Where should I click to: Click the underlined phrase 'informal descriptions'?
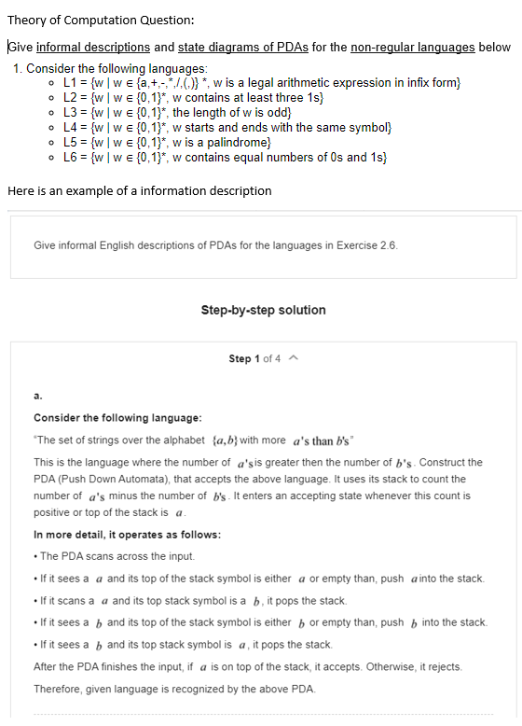[x=93, y=47]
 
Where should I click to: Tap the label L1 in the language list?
[x=70, y=83]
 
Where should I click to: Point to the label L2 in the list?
[x=70, y=97]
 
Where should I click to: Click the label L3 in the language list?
[x=70, y=112]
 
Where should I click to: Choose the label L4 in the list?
[x=70, y=126]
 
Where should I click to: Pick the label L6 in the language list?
[x=70, y=156]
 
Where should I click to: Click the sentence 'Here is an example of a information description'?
[x=140, y=190]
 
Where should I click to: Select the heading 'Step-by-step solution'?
[x=263, y=310]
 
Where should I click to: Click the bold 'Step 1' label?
[x=243, y=359]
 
